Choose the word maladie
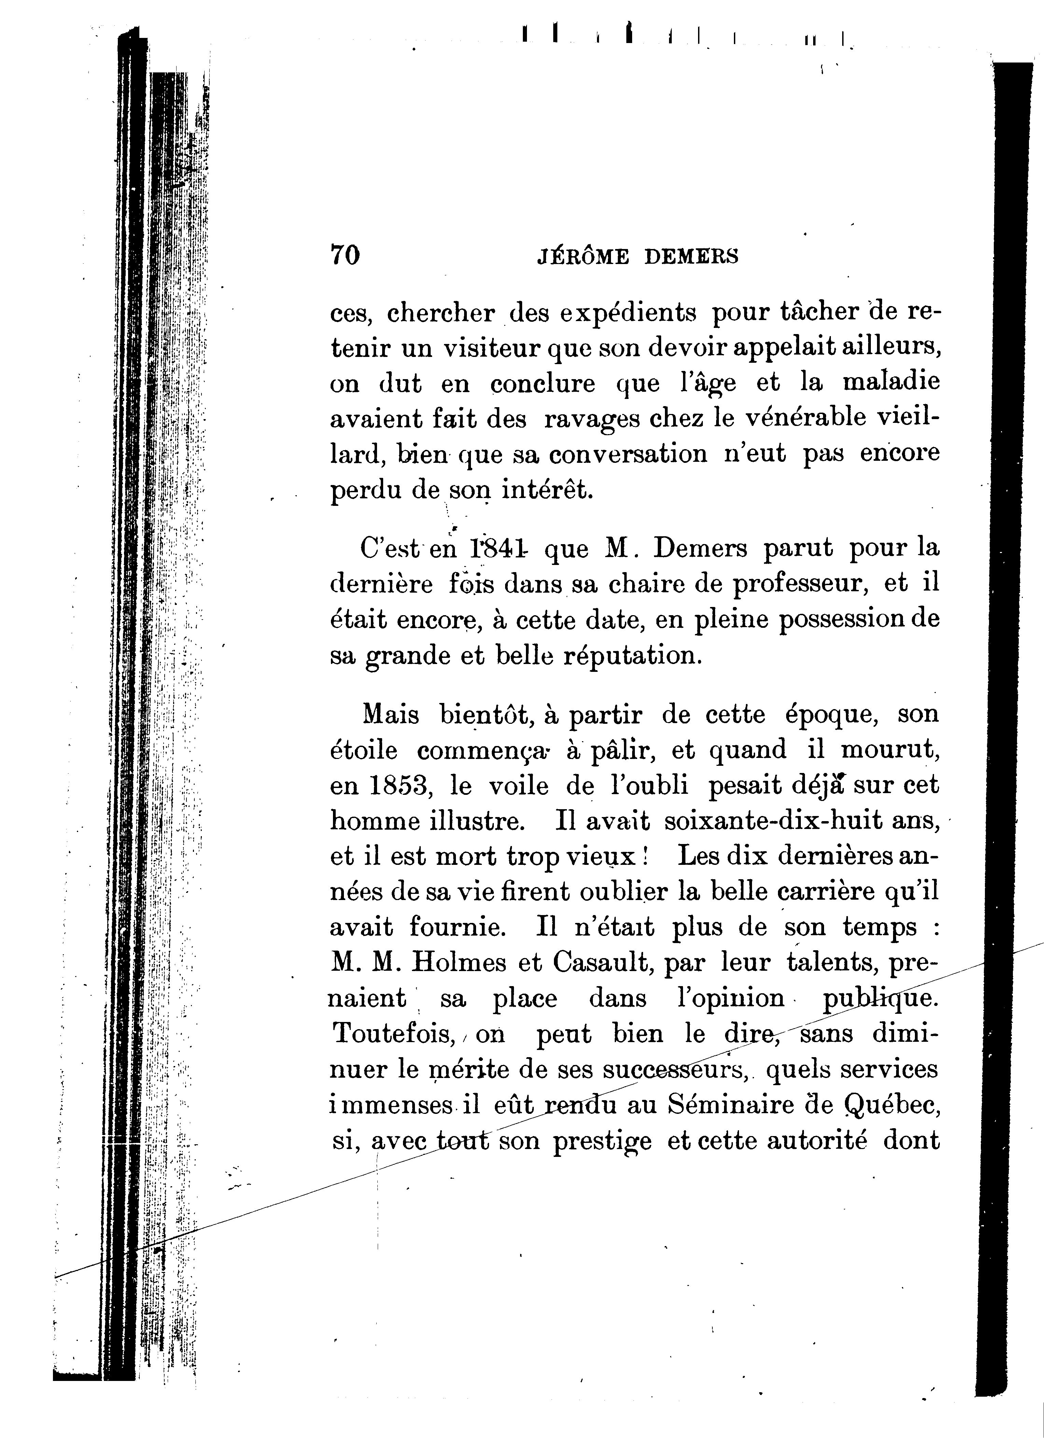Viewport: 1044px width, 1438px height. [891, 383]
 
